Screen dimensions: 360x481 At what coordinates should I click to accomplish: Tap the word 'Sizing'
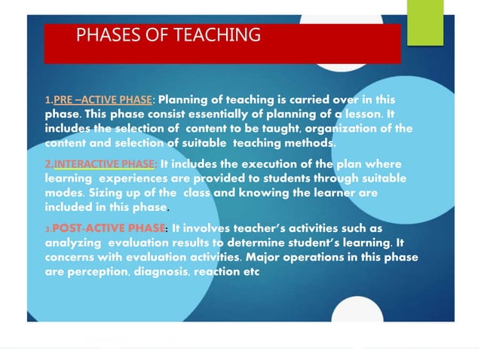click(65, 193)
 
